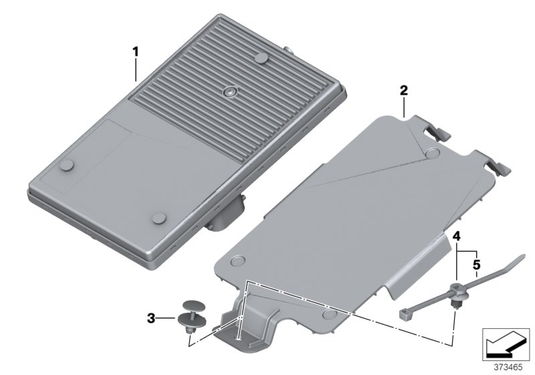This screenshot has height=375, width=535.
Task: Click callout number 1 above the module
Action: (136, 50)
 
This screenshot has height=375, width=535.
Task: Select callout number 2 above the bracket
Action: (403, 89)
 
